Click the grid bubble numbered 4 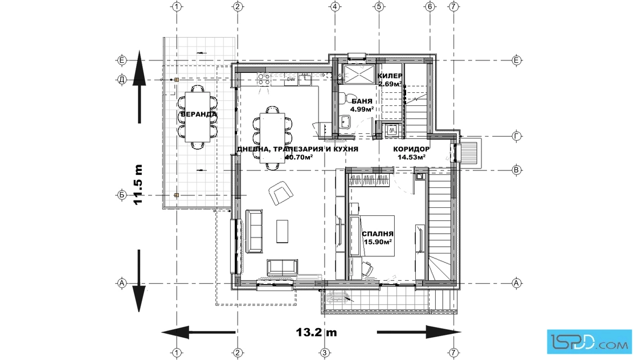pos(334,6)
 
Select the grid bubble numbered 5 pos(379,6)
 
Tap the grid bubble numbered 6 pos(430,6)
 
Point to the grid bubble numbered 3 pos(324,352)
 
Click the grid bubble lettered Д pos(122,80)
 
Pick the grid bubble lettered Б pos(122,195)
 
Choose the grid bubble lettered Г pos(516,136)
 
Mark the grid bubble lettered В pos(516,170)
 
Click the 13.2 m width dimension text pos(316,332)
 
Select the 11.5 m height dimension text pos(138,184)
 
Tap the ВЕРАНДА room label pos(199,114)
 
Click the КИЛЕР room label pos(390,76)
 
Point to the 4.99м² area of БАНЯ pos(362,109)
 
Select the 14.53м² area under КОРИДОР pos(410,157)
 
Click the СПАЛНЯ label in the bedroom pos(378,234)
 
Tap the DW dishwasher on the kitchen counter pos(291,80)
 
